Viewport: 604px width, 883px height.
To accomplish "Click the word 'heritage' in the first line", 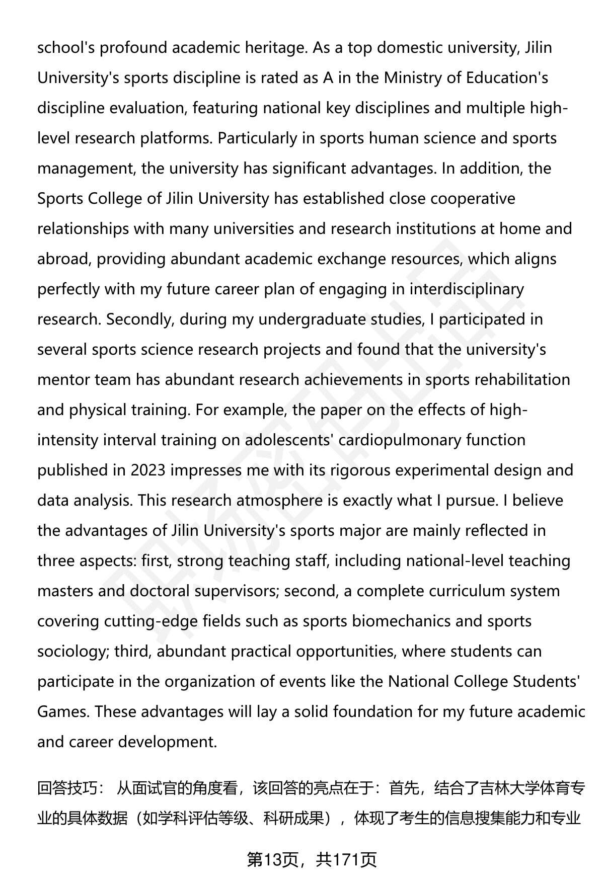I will [275, 48].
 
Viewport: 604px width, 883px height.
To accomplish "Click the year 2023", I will [148, 470].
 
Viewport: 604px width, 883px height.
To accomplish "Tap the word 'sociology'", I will [73, 652].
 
